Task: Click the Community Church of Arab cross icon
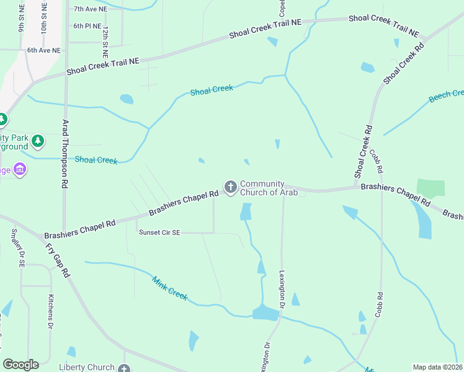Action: pos(230,187)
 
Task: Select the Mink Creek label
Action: pos(169,288)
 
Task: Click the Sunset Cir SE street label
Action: pos(159,232)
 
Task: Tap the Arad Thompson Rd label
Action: pos(65,154)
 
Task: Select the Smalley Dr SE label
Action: pos(17,247)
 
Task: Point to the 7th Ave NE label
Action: pos(91,9)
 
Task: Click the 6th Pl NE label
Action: pos(87,26)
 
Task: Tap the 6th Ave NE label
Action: pos(44,50)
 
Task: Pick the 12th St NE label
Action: pos(105,42)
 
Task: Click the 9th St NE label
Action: pos(22,20)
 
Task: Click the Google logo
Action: pos(20,365)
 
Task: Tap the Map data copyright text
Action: pos(437,367)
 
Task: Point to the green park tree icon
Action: pos(38,141)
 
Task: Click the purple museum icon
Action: pos(20,169)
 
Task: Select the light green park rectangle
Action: pos(431,188)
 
